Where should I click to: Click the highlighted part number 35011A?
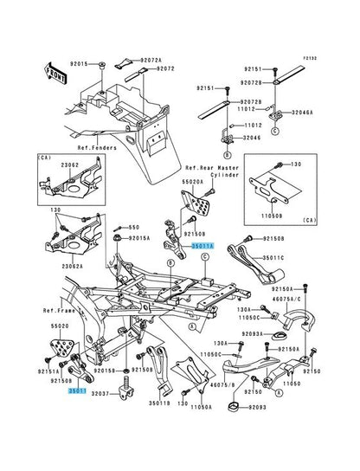(202, 246)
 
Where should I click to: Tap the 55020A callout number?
(192, 183)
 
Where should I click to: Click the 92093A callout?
(254, 334)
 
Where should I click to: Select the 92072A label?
(149, 61)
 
